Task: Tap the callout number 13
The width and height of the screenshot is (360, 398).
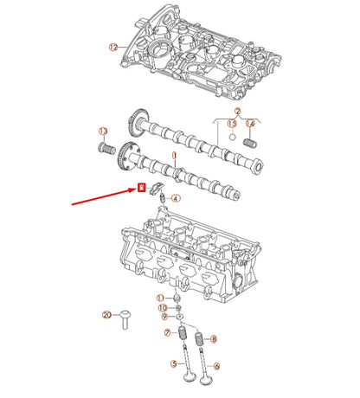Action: pyautogui.click(x=102, y=131)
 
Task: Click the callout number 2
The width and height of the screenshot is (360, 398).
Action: pyautogui.click(x=237, y=111)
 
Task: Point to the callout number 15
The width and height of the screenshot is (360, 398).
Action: pyautogui.click(x=231, y=125)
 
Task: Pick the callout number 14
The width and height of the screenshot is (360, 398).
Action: pyautogui.click(x=251, y=125)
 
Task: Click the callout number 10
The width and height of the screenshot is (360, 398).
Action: pyautogui.click(x=161, y=308)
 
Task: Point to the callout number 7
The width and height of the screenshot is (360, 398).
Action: pyautogui.click(x=169, y=333)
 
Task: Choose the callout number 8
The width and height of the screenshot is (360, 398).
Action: pyautogui.click(x=214, y=339)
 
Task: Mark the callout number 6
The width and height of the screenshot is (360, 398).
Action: pyautogui.click(x=215, y=365)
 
